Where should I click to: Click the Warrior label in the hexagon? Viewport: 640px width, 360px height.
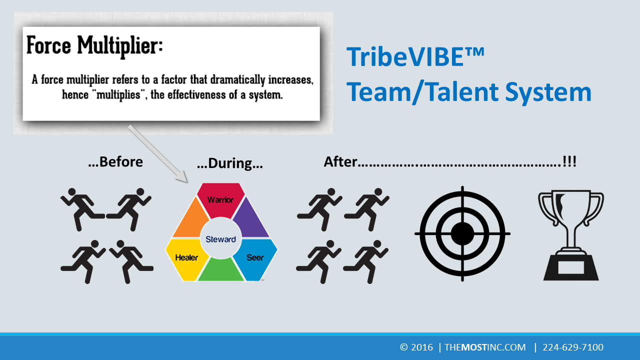[220, 199]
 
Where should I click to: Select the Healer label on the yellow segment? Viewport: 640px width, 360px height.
[186, 257]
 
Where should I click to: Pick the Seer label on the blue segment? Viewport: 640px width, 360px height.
[255, 257]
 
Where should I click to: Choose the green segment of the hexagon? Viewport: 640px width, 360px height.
[220, 270]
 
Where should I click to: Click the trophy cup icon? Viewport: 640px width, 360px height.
[571, 235]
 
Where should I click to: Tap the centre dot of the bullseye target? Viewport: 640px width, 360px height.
[462, 233]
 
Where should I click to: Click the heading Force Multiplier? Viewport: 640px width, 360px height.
[94, 45]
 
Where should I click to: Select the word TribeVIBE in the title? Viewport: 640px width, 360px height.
[405, 57]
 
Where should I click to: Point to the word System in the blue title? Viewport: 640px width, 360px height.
[548, 92]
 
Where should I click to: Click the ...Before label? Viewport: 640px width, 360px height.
[115, 162]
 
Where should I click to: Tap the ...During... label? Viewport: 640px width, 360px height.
[230, 163]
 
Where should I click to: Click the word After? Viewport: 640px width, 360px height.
[340, 161]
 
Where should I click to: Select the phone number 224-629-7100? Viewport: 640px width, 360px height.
[573, 347]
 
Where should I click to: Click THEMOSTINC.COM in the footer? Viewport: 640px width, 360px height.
[485, 347]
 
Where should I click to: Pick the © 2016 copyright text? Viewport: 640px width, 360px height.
[416, 347]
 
